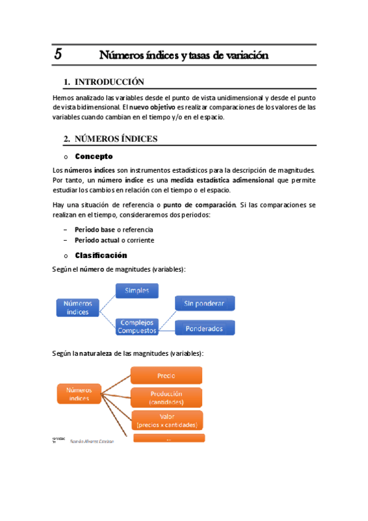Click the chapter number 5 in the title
coord(58,54)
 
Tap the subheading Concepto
coord(93,157)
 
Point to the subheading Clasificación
coord(101,255)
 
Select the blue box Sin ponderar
coord(204,304)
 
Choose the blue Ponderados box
coord(204,329)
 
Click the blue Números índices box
coord(78,307)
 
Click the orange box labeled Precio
coord(166,375)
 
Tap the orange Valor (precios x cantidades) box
coord(166,420)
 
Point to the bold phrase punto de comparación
coord(205,204)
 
